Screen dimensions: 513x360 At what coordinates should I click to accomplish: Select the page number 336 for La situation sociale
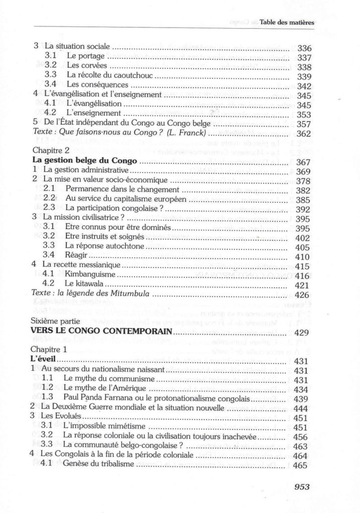[305, 49]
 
